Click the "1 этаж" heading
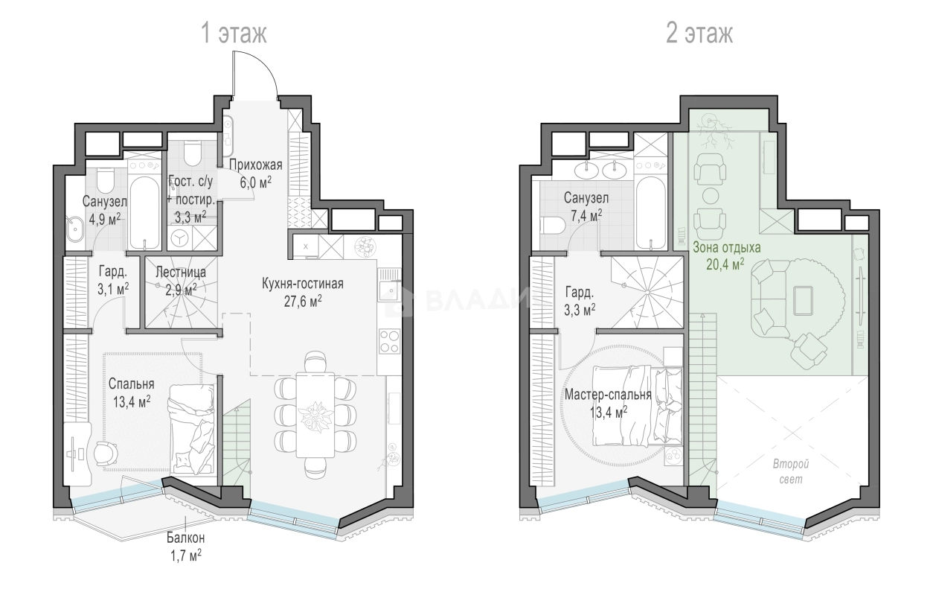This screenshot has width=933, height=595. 234,34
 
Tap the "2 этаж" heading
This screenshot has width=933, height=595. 699,34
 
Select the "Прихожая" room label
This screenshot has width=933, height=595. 256,165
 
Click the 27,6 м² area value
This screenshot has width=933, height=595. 303,301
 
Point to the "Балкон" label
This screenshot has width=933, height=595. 186,538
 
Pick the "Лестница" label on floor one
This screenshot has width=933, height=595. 181,273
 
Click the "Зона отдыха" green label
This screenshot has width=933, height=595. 726,247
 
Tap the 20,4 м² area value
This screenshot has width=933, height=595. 725,264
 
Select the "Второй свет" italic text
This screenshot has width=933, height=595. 791,471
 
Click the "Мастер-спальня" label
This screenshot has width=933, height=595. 608,395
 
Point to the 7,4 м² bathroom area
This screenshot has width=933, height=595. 586,215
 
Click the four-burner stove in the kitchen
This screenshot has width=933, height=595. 389,341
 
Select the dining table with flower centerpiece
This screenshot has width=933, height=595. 315,415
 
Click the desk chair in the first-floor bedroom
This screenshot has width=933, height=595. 106,454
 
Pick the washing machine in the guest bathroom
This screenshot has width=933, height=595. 180,238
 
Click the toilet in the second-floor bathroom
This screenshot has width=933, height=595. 552,226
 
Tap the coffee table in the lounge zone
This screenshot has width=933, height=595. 803,301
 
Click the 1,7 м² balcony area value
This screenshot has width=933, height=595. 186,556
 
